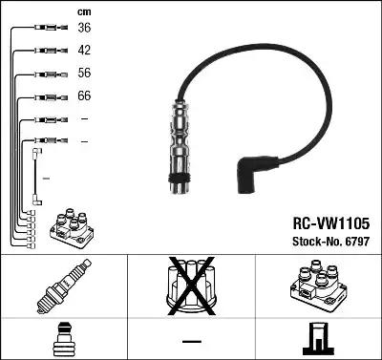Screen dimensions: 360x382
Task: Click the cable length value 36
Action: [x=84, y=28]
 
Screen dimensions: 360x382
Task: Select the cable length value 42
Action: [x=84, y=50]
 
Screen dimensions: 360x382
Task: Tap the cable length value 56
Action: [x=84, y=73]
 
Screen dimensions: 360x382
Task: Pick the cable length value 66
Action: [x=84, y=95]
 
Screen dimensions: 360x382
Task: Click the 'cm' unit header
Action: [x=83, y=11]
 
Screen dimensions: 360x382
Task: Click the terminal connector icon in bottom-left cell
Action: [x=63, y=338]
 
